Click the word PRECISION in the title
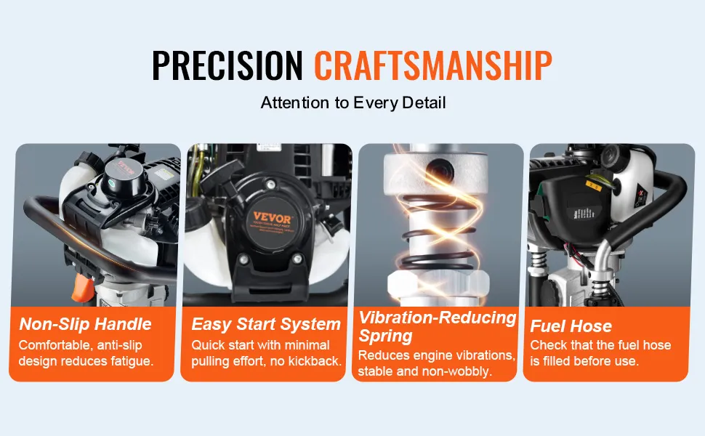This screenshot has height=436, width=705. (227, 65)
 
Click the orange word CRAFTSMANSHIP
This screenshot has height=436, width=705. (433, 65)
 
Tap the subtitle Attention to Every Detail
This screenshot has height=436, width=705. (353, 103)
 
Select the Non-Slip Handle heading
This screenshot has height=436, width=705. (86, 324)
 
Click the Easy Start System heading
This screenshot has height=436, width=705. (266, 324)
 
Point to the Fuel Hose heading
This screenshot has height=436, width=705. (571, 326)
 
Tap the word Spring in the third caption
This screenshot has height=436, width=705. (385, 336)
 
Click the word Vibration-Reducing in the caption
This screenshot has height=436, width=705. (437, 318)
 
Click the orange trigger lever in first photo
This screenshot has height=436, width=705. (83, 287)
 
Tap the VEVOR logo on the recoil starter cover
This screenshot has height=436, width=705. (272, 217)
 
